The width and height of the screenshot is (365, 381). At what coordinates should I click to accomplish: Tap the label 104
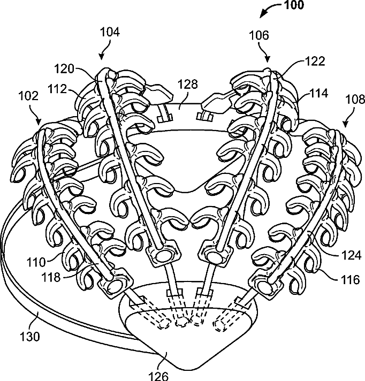(x=109, y=32)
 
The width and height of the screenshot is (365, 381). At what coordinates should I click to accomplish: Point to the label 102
(x=28, y=96)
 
